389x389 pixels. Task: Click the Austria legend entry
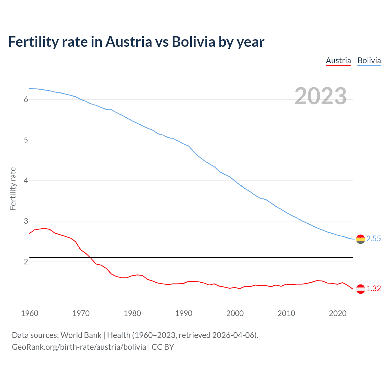coord(338,60)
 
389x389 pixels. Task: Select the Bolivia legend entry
coord(369,60)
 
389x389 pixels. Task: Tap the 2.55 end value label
coord(374,239)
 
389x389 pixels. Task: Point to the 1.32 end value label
coord(374,289)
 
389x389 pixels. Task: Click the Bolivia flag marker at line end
coord(360,239)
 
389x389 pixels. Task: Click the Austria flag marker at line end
coord(360,289)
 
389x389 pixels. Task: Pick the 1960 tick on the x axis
coord(29,313)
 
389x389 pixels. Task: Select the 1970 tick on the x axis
coord(81,313)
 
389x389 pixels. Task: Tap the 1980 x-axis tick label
coord(132,313)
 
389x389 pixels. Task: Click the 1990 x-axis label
coord(184,313)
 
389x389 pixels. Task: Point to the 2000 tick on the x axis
coord(235,313)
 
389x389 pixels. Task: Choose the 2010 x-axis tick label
coord(286,313)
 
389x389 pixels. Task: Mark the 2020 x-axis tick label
coord(338,313)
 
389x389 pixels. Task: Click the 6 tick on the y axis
coord(26,99)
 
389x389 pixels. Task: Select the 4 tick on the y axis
coord(26,181)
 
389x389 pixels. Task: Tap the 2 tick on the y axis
coord(26,262)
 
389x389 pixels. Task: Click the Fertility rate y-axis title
coord(13,188)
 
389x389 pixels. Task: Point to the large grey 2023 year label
coord(320,96)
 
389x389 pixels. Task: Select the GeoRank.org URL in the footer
coord(79,347)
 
